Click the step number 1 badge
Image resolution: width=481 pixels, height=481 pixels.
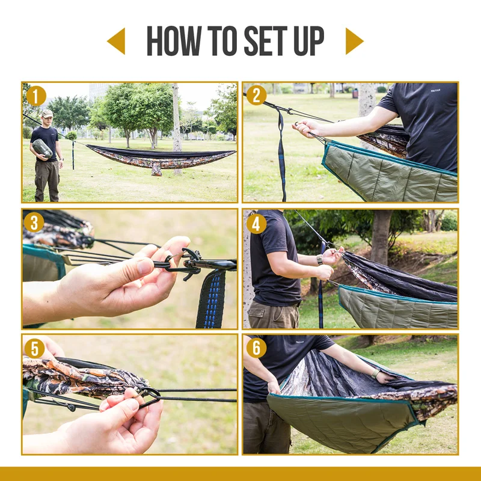36,96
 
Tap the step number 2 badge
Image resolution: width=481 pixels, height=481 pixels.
256,96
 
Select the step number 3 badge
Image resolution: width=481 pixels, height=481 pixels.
34,222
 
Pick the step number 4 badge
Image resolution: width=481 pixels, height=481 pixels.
256,223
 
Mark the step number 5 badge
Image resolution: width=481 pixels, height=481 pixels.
34,348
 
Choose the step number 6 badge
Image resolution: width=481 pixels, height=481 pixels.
256,348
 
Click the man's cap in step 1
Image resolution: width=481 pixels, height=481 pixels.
47,112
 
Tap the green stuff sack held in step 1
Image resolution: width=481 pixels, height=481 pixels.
42,148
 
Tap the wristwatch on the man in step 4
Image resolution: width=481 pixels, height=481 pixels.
320,260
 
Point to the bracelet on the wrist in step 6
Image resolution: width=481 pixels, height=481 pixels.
376,373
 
